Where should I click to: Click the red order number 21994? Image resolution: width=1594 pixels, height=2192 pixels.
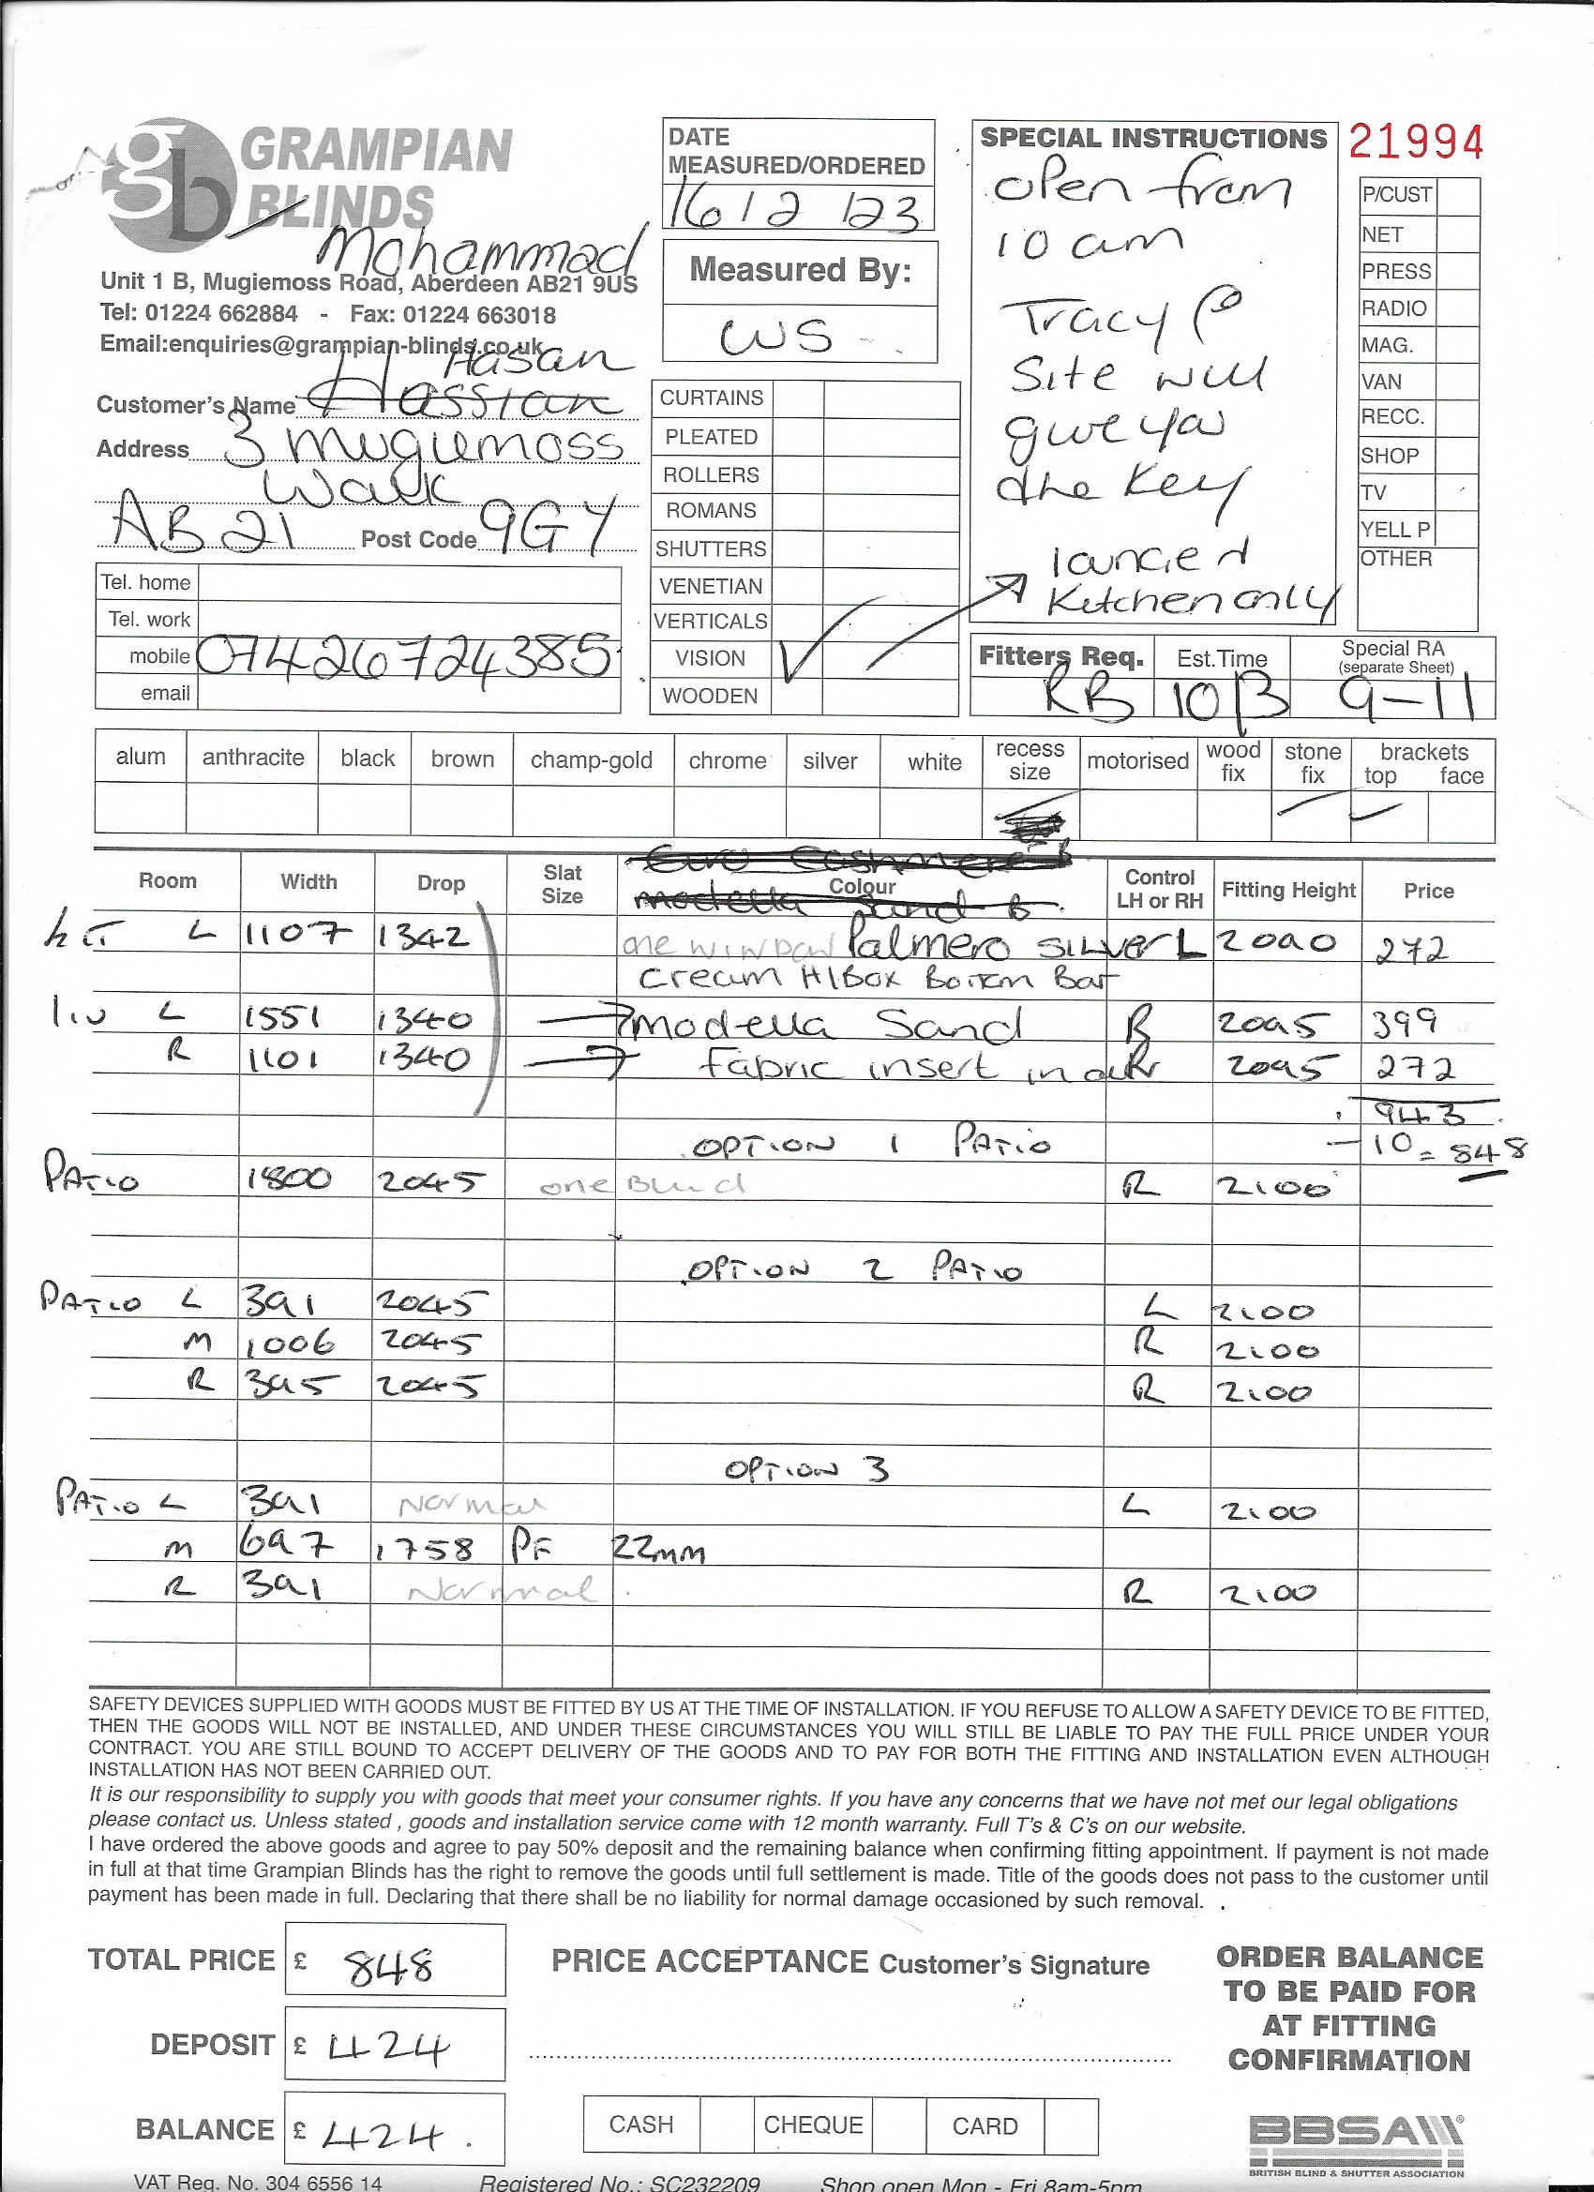1415,143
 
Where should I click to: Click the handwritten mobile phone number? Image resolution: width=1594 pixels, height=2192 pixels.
406,656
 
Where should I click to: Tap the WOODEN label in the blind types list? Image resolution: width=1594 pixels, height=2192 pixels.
710,696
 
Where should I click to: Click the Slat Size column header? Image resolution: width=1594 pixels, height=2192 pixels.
562,883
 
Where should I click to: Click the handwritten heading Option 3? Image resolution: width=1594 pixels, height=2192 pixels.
806,1470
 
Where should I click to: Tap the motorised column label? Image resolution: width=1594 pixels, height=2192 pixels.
1136,760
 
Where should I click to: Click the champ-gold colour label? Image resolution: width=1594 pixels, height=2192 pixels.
592,760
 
